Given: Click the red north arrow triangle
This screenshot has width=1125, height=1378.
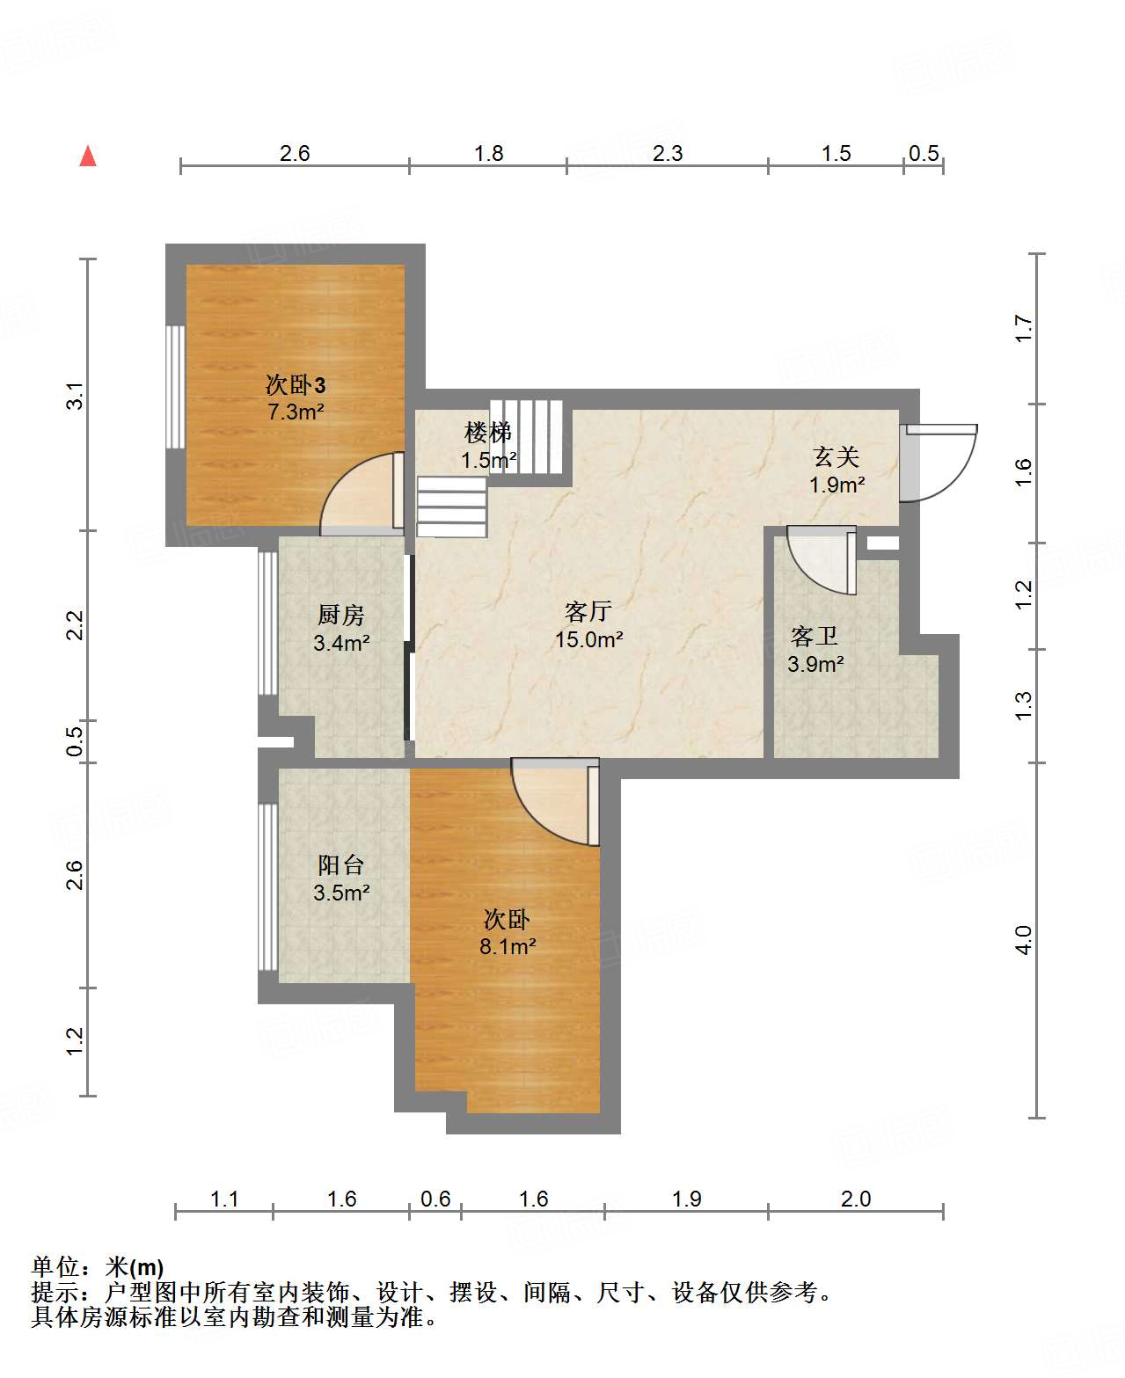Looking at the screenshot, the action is (88, 157).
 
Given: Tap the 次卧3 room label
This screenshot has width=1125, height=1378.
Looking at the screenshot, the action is (296, 385).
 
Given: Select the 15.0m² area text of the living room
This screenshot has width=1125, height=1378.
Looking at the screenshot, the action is (589, 639).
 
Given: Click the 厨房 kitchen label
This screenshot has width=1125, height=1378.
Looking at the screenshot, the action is (340, 615).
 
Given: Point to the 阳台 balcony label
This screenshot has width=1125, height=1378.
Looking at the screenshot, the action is (340, 865).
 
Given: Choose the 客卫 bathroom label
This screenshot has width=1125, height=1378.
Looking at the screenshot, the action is (814, 637).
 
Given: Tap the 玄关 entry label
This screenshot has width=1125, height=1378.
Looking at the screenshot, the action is (836, 456).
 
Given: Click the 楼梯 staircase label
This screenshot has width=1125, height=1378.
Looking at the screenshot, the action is (487, 432).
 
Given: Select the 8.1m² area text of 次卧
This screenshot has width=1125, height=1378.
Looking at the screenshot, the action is (508, 946).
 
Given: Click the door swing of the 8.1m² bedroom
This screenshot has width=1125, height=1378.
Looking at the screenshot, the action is (533, 820).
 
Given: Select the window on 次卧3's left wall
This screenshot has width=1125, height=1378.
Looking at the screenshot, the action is (175, 387).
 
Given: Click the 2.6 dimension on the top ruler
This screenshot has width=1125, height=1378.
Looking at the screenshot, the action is (295, 153).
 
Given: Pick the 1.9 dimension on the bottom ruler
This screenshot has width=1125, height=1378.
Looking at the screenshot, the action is (686, 1199).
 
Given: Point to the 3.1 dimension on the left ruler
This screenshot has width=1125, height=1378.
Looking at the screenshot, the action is (75, 396).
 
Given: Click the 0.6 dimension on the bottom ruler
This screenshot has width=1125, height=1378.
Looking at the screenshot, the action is (435, 1199).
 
